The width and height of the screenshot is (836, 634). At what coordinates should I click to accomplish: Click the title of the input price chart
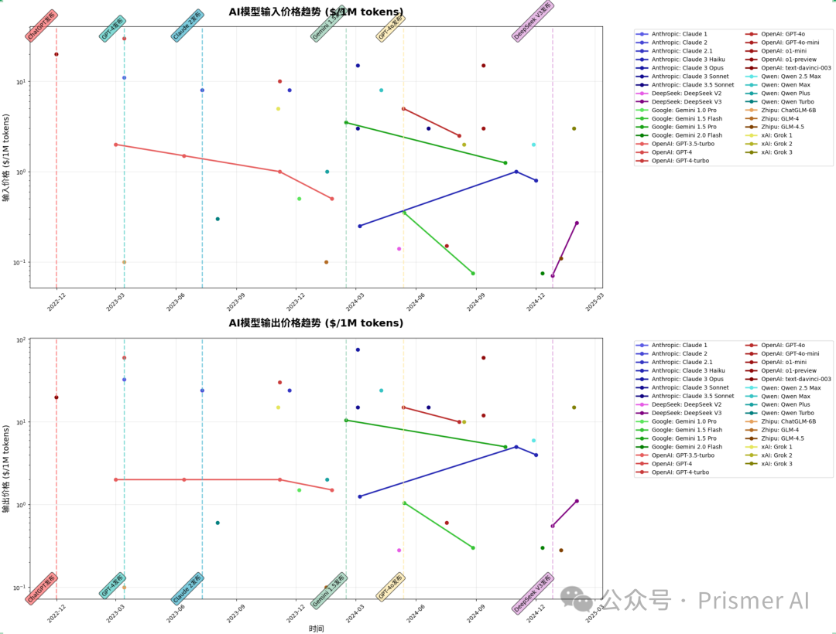[316, 12]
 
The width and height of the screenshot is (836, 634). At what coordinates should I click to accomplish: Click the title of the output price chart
[316, 322]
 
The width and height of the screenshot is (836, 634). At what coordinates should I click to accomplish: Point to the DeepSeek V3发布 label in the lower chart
[534, 593]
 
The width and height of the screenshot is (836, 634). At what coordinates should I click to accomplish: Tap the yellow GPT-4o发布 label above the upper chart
[391, 27]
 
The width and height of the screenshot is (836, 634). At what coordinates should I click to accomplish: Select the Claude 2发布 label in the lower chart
[187, 588]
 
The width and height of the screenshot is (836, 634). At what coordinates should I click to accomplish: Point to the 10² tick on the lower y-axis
[21, 339]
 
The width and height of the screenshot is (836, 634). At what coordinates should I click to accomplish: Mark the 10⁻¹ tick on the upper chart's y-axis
[21, 262]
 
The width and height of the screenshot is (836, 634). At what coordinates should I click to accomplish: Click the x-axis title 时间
[316, 629]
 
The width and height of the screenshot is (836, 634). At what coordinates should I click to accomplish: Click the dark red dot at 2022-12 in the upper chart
[57, 54]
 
